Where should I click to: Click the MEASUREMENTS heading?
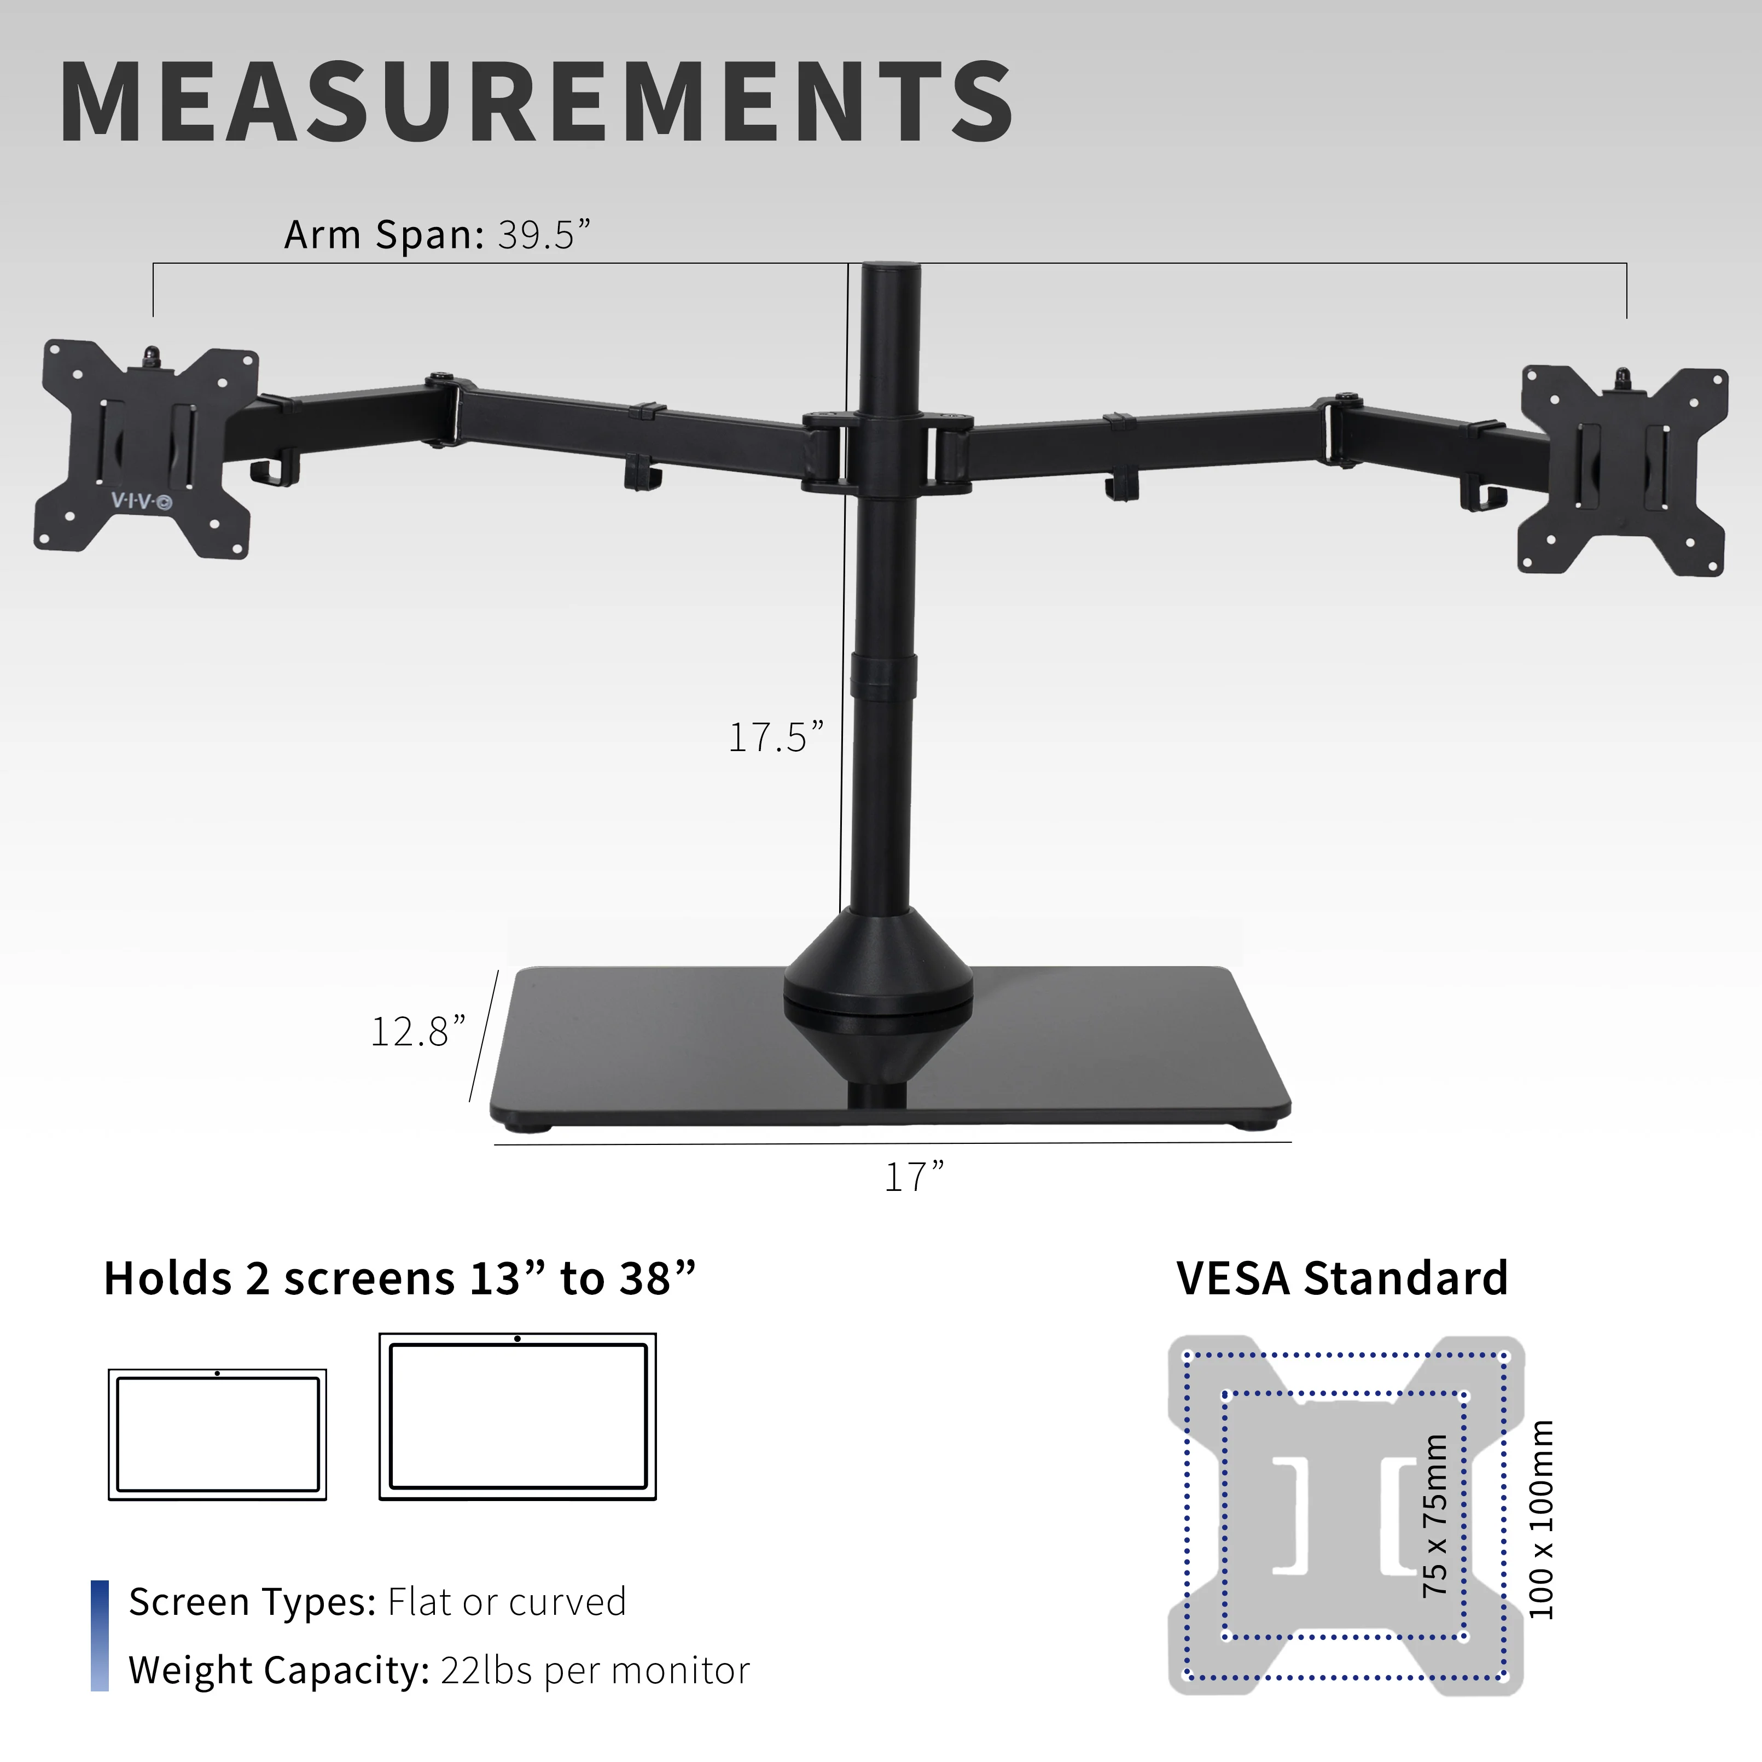pos(536,102)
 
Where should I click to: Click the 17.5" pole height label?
pos(775,737)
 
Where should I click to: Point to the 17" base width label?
pos(914,1177)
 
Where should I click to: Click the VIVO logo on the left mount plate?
pos(141,501)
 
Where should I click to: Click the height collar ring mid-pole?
pos(883,676)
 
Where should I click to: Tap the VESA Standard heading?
pos(1341,1278)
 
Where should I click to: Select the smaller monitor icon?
pos(217,1434)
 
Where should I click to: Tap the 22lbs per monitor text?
pos(595,1671)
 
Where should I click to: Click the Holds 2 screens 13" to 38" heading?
pos(399,1278)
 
